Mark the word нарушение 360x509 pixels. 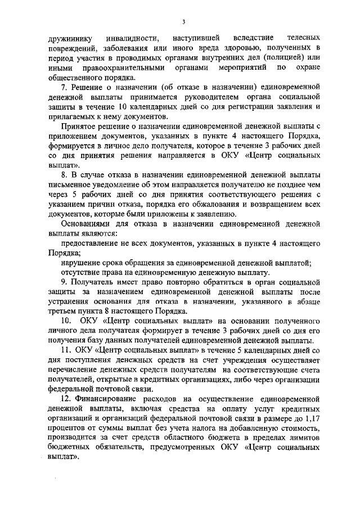pos(80,263)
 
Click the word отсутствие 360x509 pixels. pos(82,272)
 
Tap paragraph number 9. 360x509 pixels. pos(64,282)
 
